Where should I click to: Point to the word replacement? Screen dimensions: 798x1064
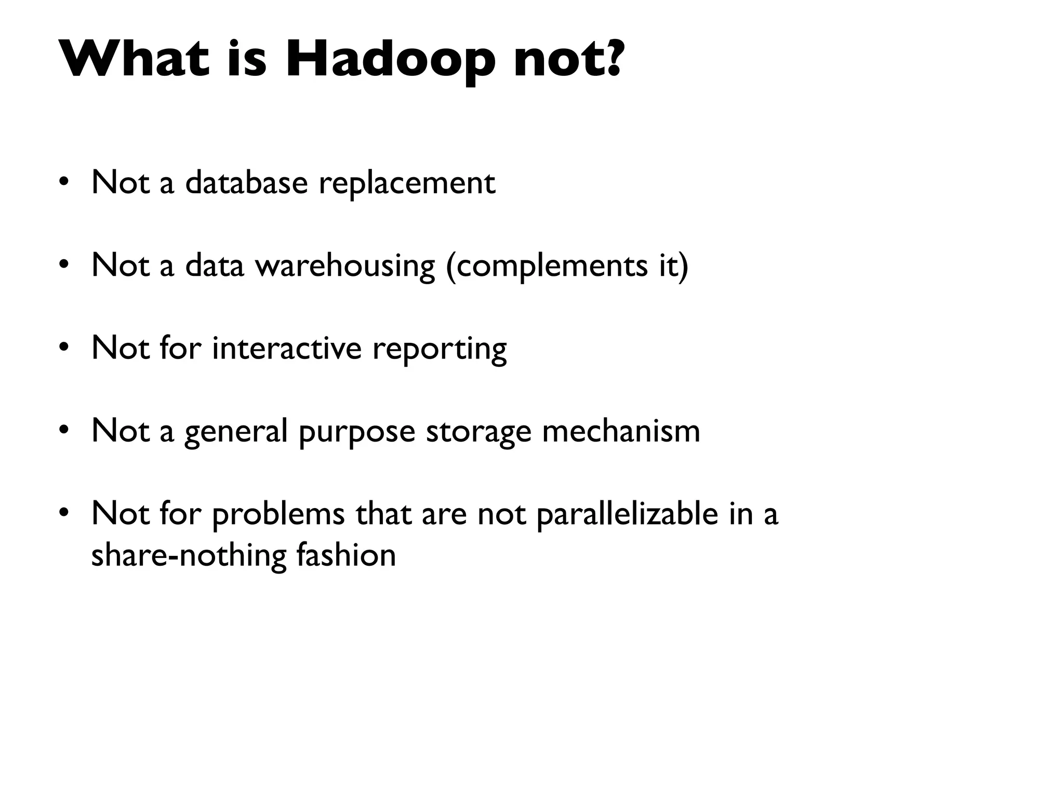click(407, 183)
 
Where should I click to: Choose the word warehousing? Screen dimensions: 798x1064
click(344, 265)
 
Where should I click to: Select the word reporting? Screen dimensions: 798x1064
click(439, 349)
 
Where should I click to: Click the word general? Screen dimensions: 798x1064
click(236, 431)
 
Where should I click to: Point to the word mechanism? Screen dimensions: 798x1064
click(621, 431)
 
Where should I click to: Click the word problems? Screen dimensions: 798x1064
click(278, 514)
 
